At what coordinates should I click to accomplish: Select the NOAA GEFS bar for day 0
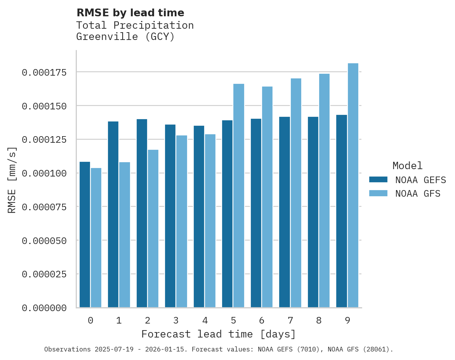click(85, 235)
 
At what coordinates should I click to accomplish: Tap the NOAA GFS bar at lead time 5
click(239, 196)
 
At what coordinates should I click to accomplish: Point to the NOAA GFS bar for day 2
click(153, 228)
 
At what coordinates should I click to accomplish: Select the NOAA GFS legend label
click(418, 193)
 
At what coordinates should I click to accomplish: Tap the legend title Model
click(407, 166)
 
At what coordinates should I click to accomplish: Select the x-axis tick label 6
click(262, 320)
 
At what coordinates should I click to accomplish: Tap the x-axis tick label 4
click(205, 320)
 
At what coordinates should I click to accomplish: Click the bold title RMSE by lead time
click(130, 13)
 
